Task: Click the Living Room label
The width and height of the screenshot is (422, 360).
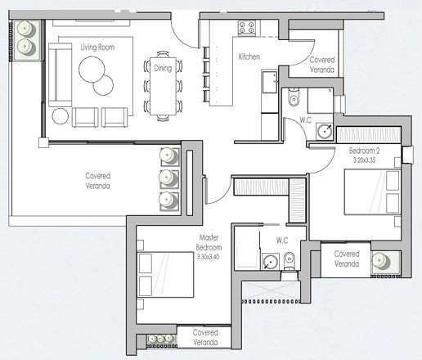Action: (97, 47)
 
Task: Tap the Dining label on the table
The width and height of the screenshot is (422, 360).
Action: (163, 68)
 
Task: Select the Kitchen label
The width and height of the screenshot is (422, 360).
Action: (249, 56)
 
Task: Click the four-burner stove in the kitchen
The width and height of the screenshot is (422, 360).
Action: (247, 28)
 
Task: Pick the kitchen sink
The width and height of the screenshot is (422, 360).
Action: (270, 82)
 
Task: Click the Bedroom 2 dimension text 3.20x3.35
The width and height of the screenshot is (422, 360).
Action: (364, 160)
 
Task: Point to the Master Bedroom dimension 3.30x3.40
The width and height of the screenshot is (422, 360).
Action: (208, 257)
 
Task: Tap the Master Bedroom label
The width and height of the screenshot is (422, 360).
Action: (209, 242)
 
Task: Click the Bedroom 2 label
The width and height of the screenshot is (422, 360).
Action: (364, 151)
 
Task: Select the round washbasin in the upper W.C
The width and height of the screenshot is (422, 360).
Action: (325, 131)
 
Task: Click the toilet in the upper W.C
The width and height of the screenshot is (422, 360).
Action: (294, 97)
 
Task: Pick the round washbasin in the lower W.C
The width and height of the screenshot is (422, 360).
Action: (270, 262)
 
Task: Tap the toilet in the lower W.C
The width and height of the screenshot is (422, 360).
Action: (289, 261)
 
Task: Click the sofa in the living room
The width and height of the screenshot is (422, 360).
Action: (60, 74)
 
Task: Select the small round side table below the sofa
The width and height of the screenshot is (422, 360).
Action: (60, 116)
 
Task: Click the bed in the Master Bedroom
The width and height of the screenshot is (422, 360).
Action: (166, 275)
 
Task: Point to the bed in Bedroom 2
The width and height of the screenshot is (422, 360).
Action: (372, 192)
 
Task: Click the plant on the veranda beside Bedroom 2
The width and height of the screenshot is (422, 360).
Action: (381, 262)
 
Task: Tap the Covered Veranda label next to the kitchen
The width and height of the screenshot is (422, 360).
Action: (322, 65)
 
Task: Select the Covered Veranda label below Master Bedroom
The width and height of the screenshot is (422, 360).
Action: (205, 337)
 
